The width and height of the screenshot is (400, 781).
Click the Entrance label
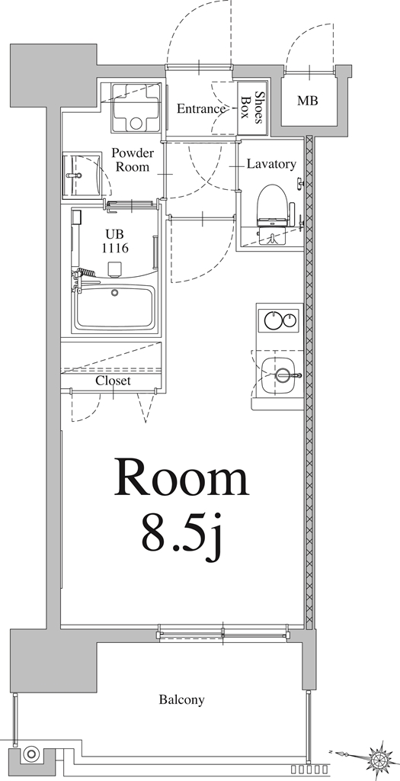click(x=201, y=109)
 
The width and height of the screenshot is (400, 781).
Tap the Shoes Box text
click(x=253, y=108)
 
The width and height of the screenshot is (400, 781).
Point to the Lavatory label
click(x=270, y=164)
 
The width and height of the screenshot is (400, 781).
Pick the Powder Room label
click(x=133, y=159)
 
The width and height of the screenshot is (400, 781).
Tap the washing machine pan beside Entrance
click(x=136, y=107)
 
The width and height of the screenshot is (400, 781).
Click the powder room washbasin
click(x=78, y=175)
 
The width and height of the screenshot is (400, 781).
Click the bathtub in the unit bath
click(x=116, y=307)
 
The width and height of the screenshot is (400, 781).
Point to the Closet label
click(x=113, y=381)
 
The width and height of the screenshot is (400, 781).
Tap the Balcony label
click(x=181, y=699)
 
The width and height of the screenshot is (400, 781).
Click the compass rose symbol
click(x=379, y=758)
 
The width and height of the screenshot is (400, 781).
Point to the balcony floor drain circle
click(x=31, y=754)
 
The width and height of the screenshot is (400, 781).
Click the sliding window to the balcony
click(x=223, y=632)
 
